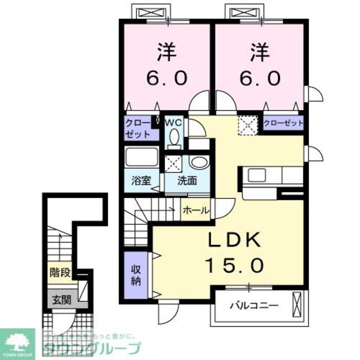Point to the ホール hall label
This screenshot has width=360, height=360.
pyautogui.click(x=196, y=211)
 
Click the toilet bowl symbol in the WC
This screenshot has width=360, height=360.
pyautogui.click(x=173, y=139)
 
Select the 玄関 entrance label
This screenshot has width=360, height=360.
pyautogui.click(x=60, y=301)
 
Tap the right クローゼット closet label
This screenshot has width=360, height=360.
pyautogui.click(x=283, y=123)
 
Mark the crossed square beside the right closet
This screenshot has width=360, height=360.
pyautogui.click(x=247, y=124)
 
